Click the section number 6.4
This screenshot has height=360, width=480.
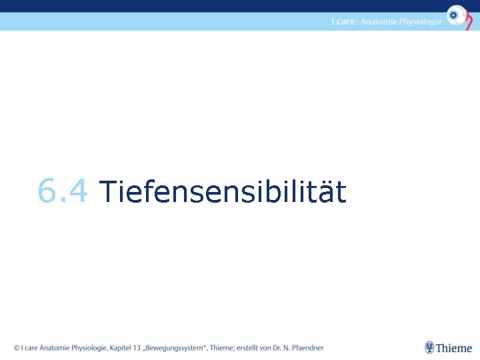click(x=63, y=192)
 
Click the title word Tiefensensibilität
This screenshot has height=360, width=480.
click(x=223, y=192)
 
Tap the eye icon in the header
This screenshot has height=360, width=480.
click(x=457, y=15)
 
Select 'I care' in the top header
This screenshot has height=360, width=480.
click(x=343, y=21)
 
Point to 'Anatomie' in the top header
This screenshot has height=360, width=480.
click(x=379, y=21)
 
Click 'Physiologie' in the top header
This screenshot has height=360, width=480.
click(x=420, y=21)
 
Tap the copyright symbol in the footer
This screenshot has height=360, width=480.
click(x=17, y=347)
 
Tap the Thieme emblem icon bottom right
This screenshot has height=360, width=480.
click(x=430, y=347)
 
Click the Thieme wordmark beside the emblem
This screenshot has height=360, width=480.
click(x=455, y=348)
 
